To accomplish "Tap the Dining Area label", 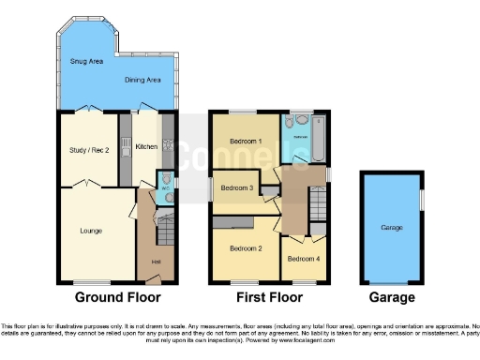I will tap(142, 80).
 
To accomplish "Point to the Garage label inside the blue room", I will tap(391, 228).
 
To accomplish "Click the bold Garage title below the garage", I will tap(391, 298).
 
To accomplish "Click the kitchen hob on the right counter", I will tap(168, 145).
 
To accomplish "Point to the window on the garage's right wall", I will tap(421, 200).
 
